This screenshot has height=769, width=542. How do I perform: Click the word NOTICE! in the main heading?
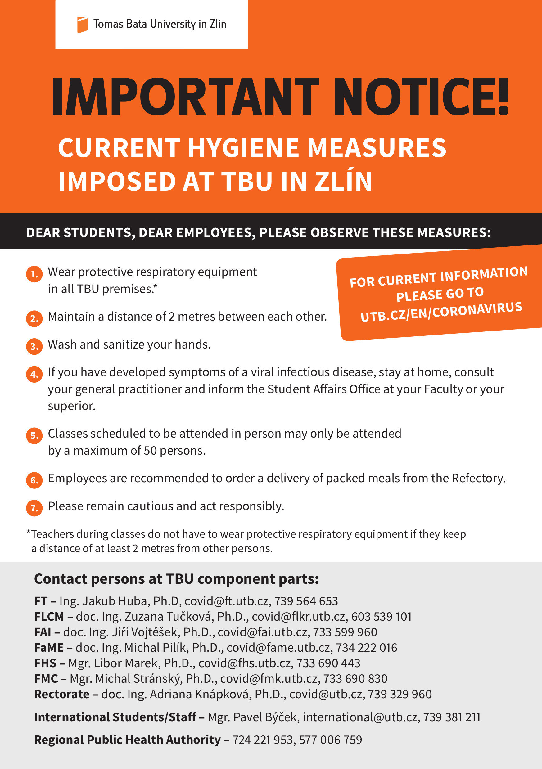pyautogui.click(x=421, y=97)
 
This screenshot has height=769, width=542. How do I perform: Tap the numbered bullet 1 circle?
pyautogui.click(x=34, y=274)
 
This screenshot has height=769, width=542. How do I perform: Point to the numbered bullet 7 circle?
pyautogui.click(x=34, y=508)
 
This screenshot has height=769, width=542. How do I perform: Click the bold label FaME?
pyautogui.click(x=48, y=648)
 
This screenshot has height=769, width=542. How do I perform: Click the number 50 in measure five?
pyautogui.click(x=150, y=451)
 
